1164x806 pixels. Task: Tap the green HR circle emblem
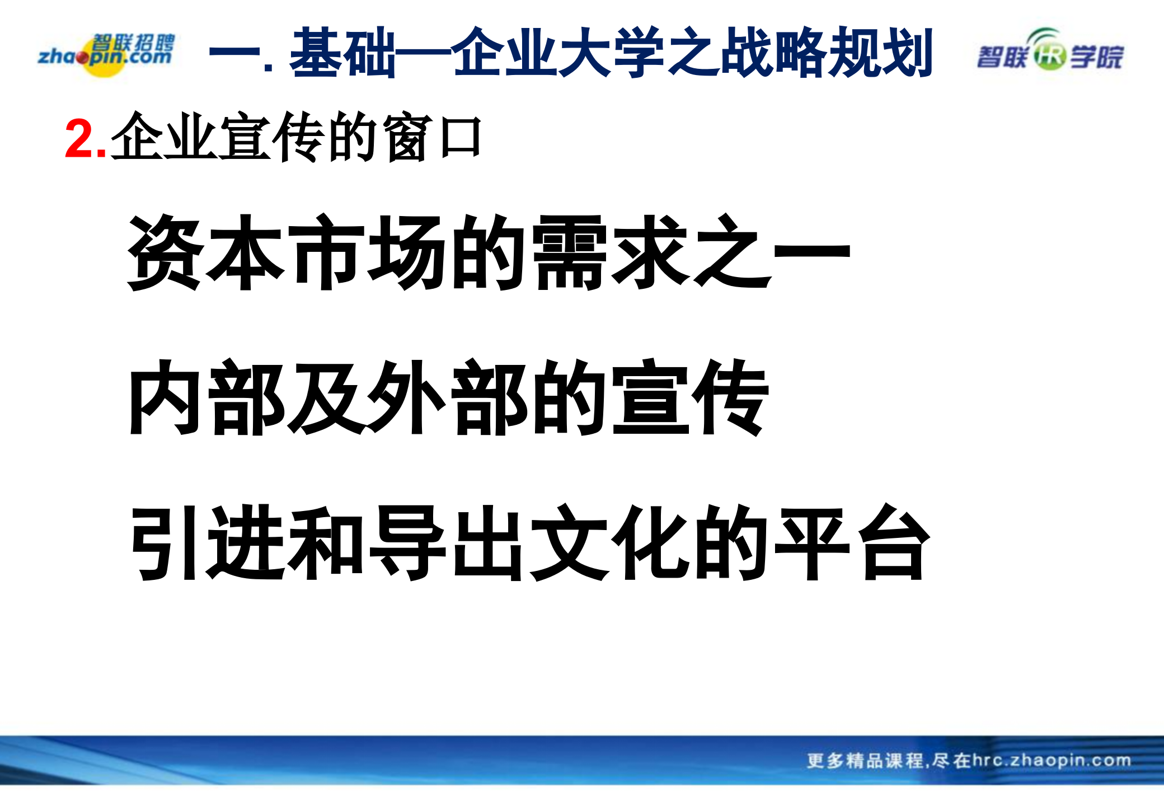pyautogui.click(x=1049, y=56)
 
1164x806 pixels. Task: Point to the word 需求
pyautogui.click(x=610, y=253)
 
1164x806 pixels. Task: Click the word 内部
pyautogui.click(x=205, y=397)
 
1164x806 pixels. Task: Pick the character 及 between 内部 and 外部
pyautogui.click(x=327, y=397)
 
